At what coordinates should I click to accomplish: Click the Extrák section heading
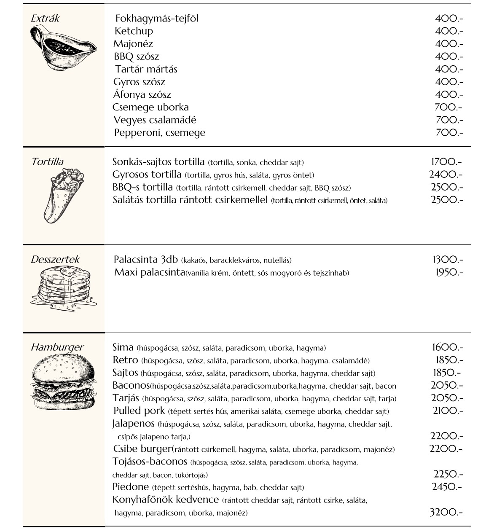(45, 19)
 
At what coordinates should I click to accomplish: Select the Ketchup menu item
(134, 31)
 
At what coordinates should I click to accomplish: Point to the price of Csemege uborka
(448, 107)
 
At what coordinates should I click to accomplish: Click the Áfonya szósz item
(142, 94)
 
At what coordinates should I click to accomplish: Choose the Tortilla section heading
(47, 162)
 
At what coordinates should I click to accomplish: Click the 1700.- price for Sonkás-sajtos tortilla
(446, 162)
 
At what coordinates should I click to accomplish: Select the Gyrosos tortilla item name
(147, 175)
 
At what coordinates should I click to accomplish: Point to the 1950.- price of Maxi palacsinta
(449, 273)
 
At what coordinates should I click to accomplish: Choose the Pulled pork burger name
(139, 411)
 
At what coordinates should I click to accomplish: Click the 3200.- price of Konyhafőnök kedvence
(446, 513)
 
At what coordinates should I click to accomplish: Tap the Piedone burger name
(131, 487)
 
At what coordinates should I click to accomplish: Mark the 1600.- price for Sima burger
(447, 348)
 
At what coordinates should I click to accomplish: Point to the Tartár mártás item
(146, 69)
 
